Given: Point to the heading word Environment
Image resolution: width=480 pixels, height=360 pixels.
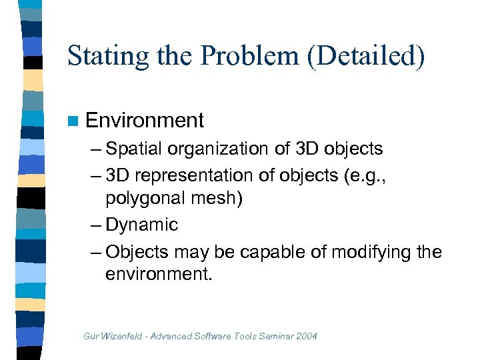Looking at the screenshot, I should [x=145, y=121].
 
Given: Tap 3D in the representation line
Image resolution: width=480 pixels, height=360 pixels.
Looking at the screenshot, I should [x=119, y=175].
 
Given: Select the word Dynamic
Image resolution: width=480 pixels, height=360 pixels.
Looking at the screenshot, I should [x=141, y=225].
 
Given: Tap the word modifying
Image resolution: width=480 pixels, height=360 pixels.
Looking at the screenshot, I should [x=374, y=253].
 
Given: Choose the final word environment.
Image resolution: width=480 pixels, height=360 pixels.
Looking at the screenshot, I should [x=158, y=274].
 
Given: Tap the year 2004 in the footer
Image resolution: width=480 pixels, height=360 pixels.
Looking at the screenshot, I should [x=306, y=336].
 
